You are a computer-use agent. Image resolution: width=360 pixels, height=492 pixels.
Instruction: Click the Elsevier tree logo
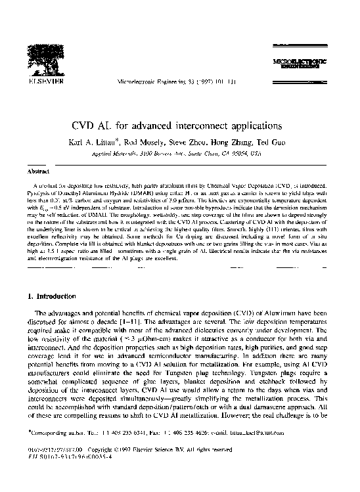pos(44,59)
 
